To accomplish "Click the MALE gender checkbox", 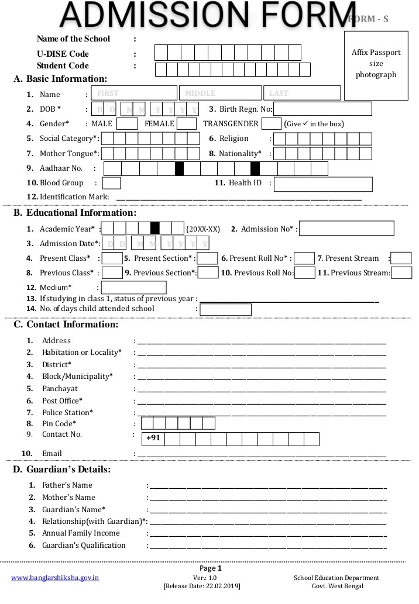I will pyautogui.click(x=127, y=124).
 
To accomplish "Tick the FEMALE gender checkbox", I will pyautogui.click(x=187, y=124).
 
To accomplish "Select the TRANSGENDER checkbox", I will pyautogui.click(x=271, y=124).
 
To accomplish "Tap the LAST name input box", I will pyautogui.click(x=302, y=93).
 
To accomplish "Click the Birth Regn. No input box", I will pyautogui.click(x=322, y=109).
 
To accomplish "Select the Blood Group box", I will pyautogui.click(x=111, y=183).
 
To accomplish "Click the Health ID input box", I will pyautogui.click(x=323, y=184).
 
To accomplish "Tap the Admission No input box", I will pyautogui.click(x=346, y=229).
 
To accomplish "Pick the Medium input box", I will pyautogui.click(x=134, y=288).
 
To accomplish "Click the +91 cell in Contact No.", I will pyautogui.click(x=153, y=439).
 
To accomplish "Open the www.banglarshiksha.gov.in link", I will pyautogui.click(x=55, y=578).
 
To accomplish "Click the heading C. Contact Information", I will pyautogui.click(x=66, y=325).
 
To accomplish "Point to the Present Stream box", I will pyautogui.click(x=401, y=258).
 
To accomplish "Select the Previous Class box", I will pyautogui.click(x=112, y=273).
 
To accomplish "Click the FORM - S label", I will pyautogui.click(x=368, y=19).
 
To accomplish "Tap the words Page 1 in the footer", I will pyautogui.click(x=211, y=568).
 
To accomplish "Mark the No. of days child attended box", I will pyautogui.click(x=226, y=309).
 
